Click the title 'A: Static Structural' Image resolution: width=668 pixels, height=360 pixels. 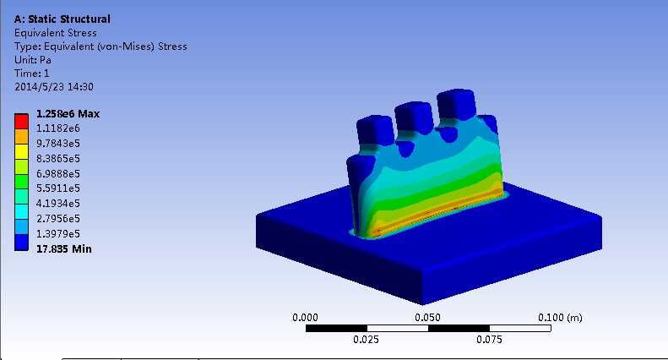pyautogui.click(x=62, y=19)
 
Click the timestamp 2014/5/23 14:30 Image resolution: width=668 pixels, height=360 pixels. pyautogui.click(x=54, y=87)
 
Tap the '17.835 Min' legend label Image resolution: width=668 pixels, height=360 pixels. pyautogui.click(x=64, y=248)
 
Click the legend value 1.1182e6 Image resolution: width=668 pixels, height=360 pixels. pyautogui.click(x=57, y=128)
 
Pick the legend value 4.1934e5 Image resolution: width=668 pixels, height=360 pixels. pyautogui.click(x=57, y=204)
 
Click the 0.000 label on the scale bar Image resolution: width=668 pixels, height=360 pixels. pyautogui.click(x=305, y=317)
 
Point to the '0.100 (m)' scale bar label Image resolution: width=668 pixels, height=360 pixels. pyautogui.click(x=560, y=317)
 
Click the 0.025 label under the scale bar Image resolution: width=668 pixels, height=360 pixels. pyautogui.click(x=367, y=340)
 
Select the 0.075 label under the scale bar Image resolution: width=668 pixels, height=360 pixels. pyautogui.click(x=489, y=340)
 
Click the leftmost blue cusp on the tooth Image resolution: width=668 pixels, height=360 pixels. pyautogui.click(x=374, y=130)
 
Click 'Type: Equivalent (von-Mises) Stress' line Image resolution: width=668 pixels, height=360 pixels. pyautogui.click(x=100, y=46)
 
